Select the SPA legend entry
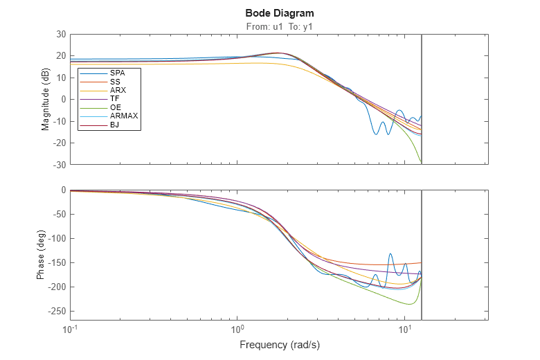click(x=117, y=73)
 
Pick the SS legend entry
click(x=115, y=82)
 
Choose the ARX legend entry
click(x=118, y=90)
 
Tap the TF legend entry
click(x=115, y=99)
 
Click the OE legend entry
click(x=116, y=108)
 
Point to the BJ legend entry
click(x=115, y=125)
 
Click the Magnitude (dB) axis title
click(x=46, y=99)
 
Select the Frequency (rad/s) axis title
click(x=280, y=344)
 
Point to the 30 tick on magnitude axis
click(x=61, y=34)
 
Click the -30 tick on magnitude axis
click(x=59, y=165)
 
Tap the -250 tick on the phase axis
click(x=57, y=312)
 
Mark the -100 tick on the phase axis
click(x=57, y=238)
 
